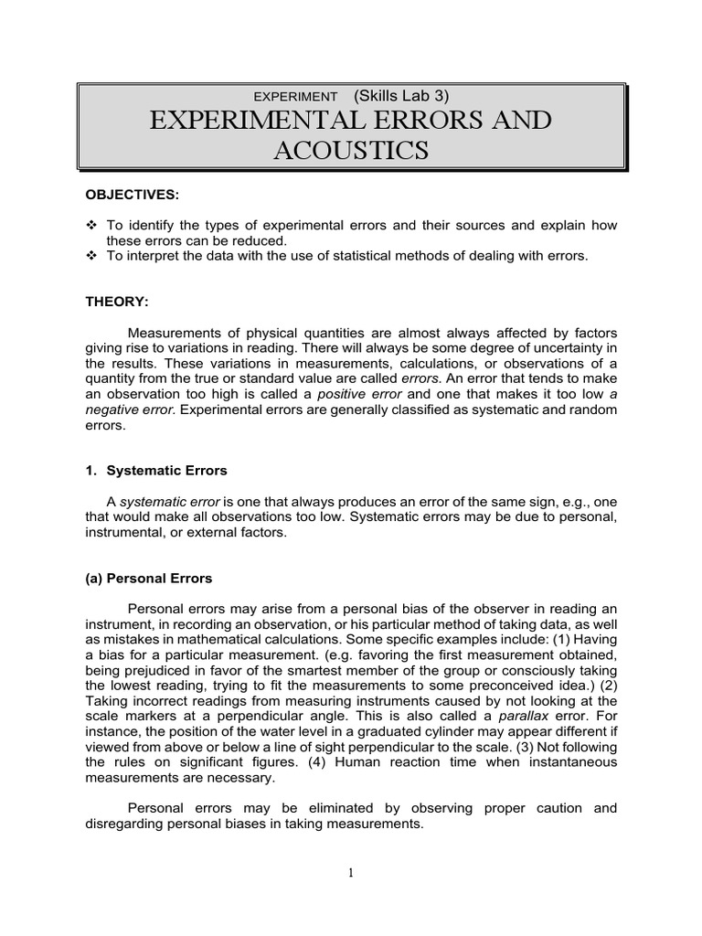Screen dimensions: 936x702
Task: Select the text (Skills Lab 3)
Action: coord(400,95)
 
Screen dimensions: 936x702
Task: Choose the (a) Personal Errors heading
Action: coord(148,579)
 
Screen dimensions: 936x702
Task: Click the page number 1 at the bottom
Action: coord(350,872)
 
